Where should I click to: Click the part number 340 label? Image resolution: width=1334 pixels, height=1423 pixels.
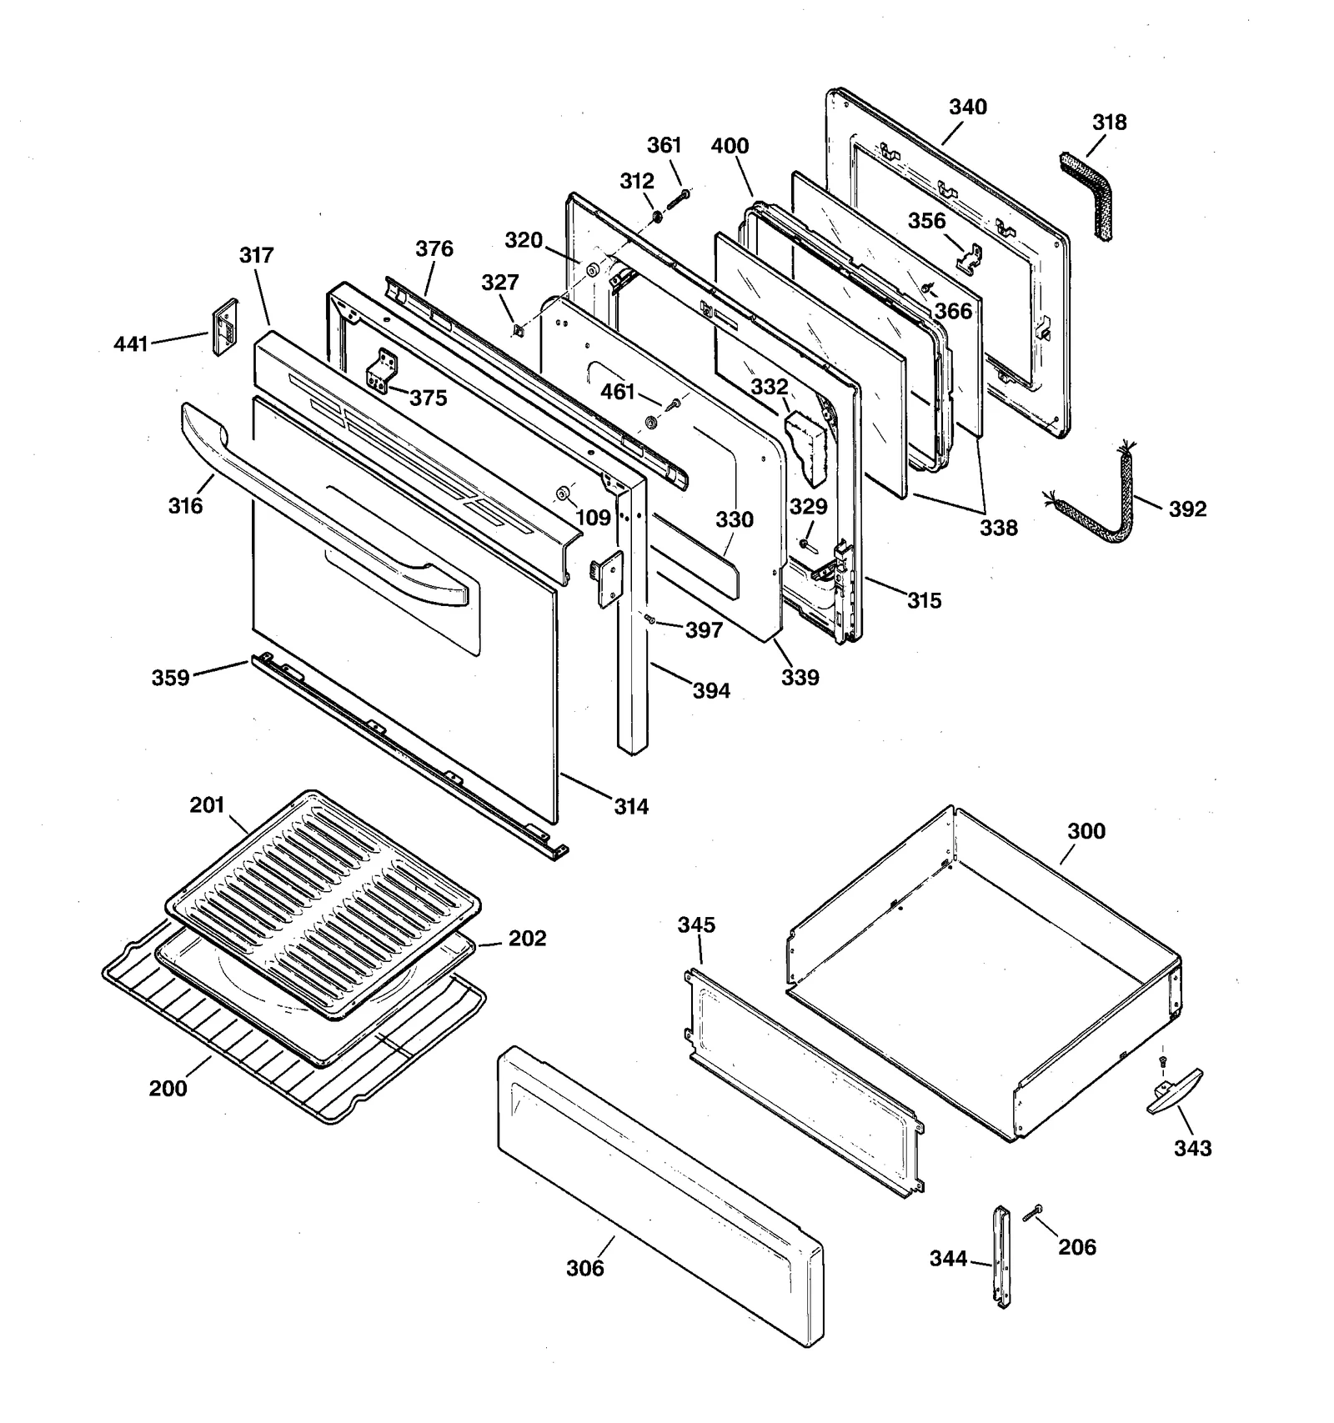coord(967,108)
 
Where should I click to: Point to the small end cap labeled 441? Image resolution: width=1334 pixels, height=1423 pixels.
coord(223,328)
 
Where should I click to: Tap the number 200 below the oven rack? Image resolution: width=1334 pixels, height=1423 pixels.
coord(168,1088)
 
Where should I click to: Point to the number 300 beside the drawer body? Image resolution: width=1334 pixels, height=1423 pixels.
coord(1086,831)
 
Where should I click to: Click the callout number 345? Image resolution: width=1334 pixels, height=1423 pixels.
coord(696,924)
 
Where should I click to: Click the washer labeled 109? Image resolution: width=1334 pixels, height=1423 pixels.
coord(563,494)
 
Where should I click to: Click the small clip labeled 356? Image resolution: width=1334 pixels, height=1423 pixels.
coord(969,259)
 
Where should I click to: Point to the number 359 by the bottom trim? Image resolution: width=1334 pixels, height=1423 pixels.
coord(170,678)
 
